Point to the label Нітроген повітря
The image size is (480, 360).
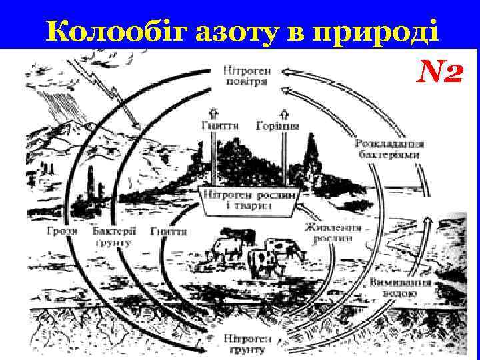(x=247, y=75)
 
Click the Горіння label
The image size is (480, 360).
(x=277, y=125)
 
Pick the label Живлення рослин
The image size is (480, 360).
(x=333, y=233)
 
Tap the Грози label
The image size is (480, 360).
(x=63, y=231)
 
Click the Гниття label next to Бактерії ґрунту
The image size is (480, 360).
(x=169, y=231)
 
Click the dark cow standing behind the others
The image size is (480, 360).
(x=239, y=237)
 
